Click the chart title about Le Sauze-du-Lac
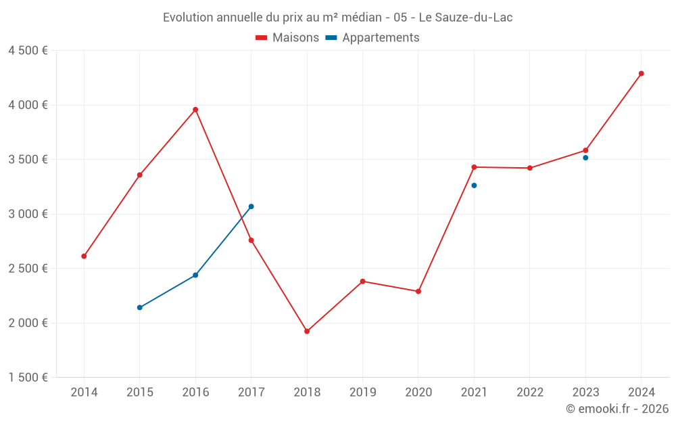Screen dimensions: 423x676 point(337,18)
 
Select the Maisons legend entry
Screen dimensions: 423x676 point(287,38)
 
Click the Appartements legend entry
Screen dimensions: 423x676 point(372,38)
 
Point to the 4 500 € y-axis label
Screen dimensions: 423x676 point(28,51)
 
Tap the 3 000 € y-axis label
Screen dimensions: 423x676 point(28,214)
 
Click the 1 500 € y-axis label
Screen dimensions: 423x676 point(28,378)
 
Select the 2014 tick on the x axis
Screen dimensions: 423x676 point(84,393)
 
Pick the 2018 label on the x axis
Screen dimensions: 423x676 point(307,393)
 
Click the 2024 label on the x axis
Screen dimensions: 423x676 point(641,393)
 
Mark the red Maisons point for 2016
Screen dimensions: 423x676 point(195,110)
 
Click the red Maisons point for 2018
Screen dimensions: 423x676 point(307,332)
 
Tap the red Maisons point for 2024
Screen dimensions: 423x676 point(641,74)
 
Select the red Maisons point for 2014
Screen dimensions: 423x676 point(84,257)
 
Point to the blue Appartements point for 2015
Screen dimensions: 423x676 point(140,308)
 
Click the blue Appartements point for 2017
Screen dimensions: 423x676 point(251,206)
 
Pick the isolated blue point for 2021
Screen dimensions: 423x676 point(474,185)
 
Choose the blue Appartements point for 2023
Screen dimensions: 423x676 point(585,158)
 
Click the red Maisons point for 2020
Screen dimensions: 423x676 point(418,292)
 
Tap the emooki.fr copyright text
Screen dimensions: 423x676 point(617,409)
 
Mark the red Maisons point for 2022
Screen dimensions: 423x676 point(530,168)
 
